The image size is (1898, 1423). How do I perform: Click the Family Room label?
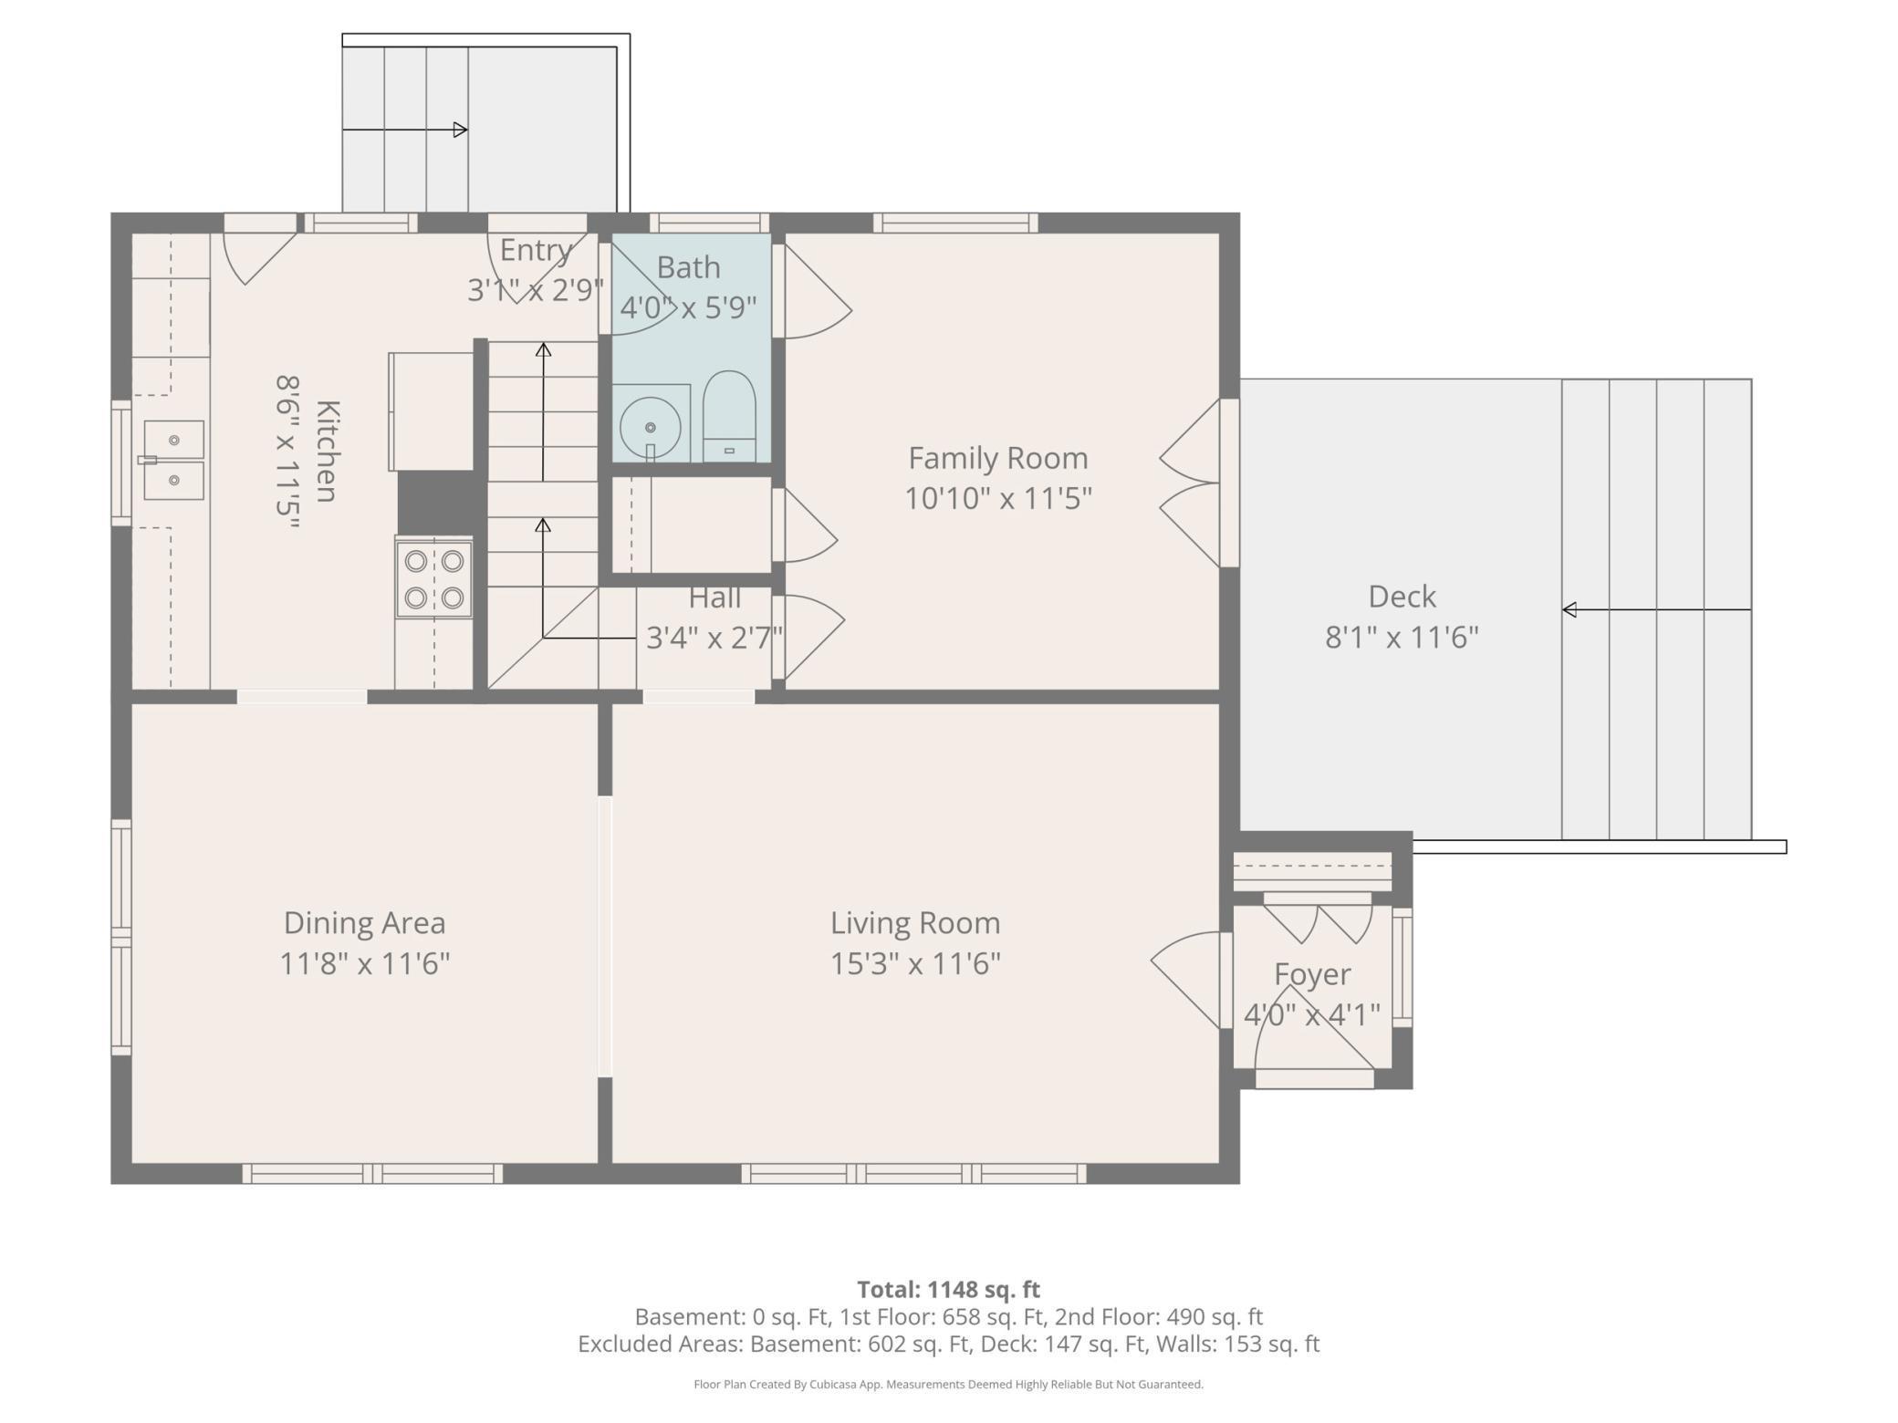[997, 458]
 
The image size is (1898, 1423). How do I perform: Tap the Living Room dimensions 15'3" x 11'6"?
[915, 964]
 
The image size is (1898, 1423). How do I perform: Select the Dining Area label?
[364, 923]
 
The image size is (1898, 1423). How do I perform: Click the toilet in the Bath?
[729, 418]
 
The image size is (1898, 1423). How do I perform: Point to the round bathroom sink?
[650, 426]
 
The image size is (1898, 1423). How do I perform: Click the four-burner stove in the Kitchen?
[433, 579]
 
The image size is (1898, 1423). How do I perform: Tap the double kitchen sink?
[173, 460]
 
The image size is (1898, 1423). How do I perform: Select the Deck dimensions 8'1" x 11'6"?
[1402, 637]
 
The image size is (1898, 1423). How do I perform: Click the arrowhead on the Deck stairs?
[1569, 609]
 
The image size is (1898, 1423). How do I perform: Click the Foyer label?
[1312, 974]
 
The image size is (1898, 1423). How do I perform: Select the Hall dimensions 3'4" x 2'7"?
[714, 637]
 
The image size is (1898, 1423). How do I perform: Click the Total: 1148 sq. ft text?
[948, 1289]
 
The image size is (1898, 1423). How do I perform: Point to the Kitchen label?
[327, 452]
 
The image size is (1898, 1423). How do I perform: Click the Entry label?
[536, 250]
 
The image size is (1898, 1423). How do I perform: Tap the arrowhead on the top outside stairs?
[461, 130]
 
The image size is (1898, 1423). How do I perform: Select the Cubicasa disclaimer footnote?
[948, 1384]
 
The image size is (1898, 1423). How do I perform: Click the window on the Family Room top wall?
[955, 223]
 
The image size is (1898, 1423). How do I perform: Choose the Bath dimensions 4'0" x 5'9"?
[688, 307]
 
